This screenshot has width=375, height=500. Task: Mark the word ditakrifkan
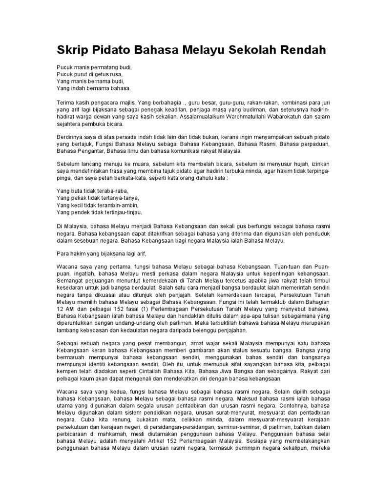(x=146, y=233)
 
